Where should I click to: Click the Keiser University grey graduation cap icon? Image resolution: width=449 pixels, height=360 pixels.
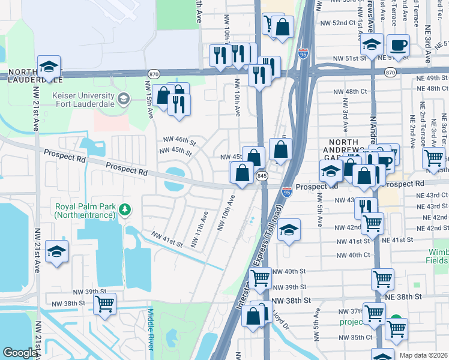[x=124, y=98]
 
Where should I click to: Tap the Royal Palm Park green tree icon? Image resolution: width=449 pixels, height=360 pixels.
[x=124, y=209]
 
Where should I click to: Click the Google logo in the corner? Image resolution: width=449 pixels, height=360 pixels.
[x=19, y=353]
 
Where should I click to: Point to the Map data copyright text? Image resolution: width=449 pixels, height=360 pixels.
[x=423, y=355]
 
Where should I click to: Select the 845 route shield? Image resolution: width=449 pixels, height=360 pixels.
[x=262, y=176]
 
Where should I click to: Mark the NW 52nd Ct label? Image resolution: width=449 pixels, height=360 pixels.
[x=349, y=23]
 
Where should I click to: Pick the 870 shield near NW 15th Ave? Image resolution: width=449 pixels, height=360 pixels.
[x=154, y=73]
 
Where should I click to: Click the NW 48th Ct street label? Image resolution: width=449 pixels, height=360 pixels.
[x=351, y=92]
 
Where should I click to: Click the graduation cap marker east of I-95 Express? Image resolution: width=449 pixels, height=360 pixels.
[x=289, y=230]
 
